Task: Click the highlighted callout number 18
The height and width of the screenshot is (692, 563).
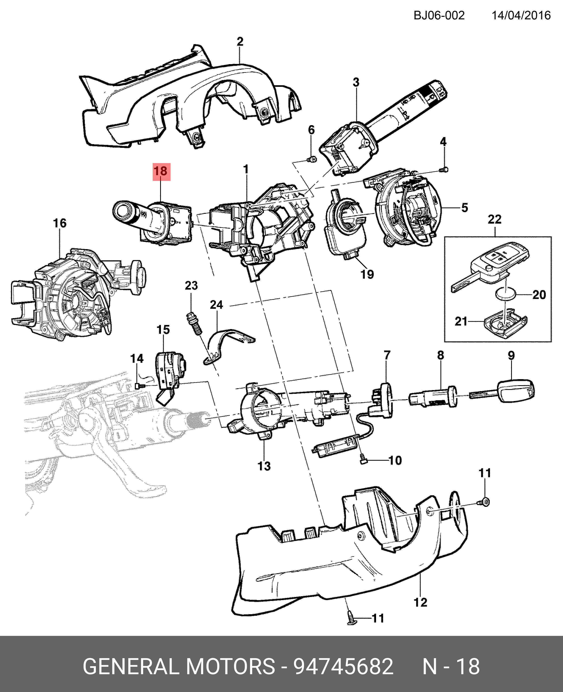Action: point(161,171)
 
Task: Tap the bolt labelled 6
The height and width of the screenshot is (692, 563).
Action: point(312,159)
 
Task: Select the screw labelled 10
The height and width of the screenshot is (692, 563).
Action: point(363,459)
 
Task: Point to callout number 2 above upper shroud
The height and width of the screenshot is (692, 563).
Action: point(240,41)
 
